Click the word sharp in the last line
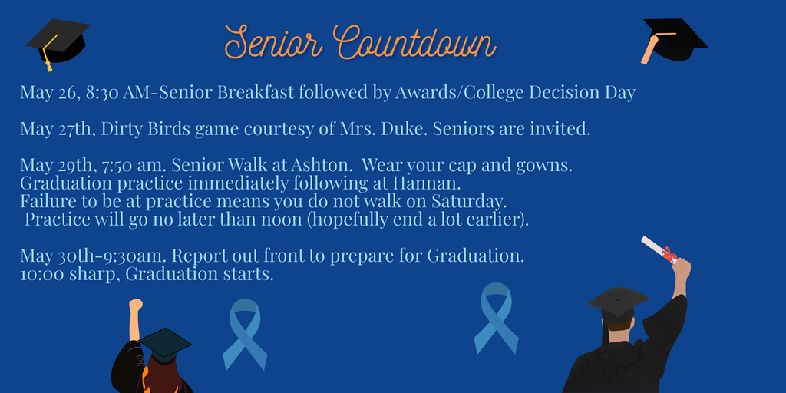coord(94,274)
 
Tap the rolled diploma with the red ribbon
coord(658,249)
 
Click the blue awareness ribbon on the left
coord(245,333)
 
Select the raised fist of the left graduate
coord(136,305)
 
